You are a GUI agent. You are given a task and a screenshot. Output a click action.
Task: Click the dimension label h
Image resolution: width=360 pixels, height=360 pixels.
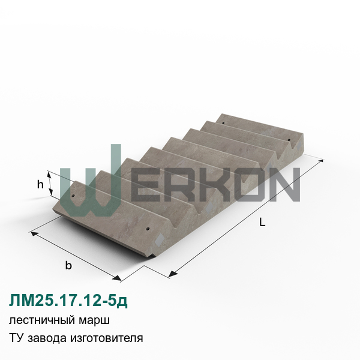40,184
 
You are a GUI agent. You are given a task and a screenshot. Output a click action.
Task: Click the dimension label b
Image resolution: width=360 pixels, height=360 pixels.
68,265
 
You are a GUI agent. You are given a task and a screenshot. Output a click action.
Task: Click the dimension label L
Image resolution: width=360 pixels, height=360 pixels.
262,222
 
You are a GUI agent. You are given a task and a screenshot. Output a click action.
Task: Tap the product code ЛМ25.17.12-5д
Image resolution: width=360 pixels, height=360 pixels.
68,301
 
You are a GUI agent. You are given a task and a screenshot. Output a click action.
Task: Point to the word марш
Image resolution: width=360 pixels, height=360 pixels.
94,320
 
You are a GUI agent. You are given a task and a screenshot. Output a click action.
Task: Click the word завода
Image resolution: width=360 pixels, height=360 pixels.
47,338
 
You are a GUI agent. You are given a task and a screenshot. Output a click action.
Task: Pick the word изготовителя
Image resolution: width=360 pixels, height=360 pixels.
107,338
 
